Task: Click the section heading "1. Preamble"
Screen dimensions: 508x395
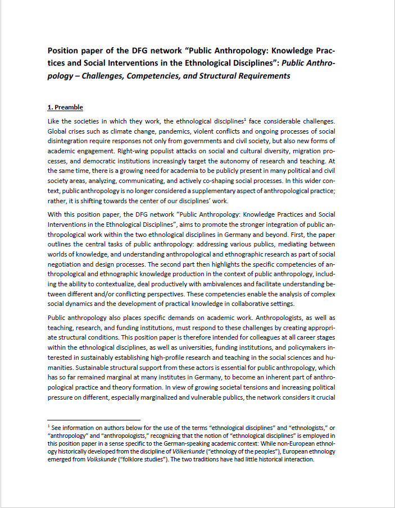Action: (x=65, y=107)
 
